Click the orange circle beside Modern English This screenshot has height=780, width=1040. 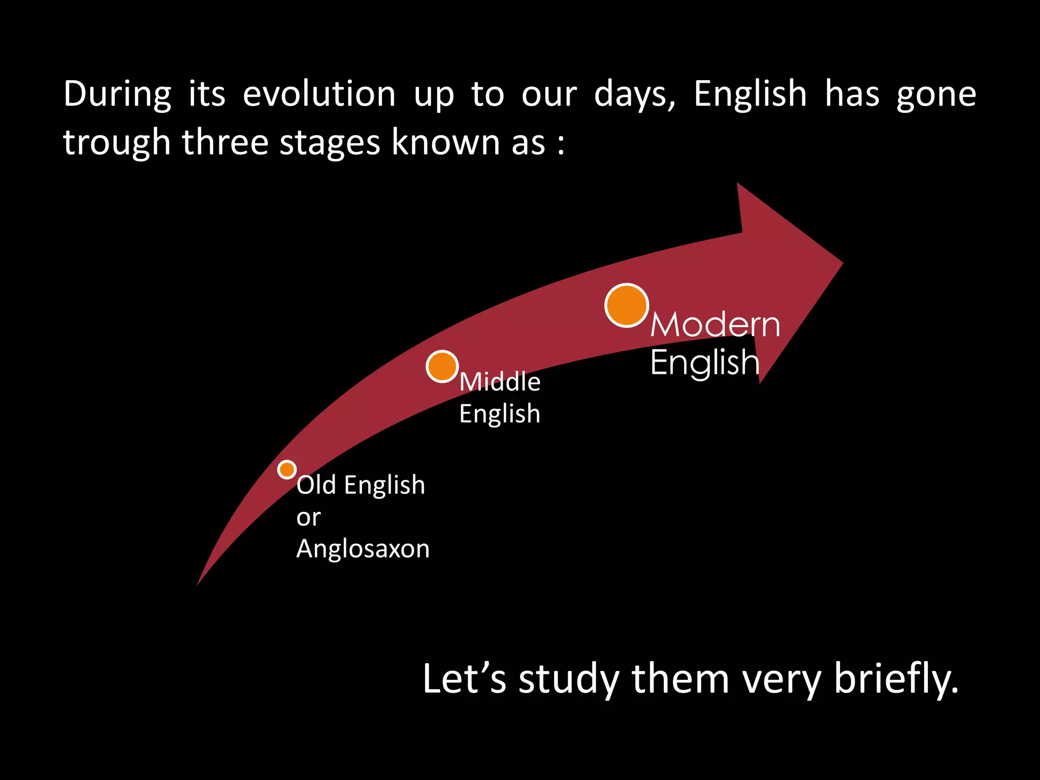(x=627, y=305)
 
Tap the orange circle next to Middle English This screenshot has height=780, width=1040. (x=442, y=366)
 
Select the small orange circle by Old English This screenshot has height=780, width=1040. (x=287, y=469)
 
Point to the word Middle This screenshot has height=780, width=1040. (x=500, y=381)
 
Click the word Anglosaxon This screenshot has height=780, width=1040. (x=363, y=549)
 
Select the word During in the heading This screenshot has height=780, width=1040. (x=117, y=95)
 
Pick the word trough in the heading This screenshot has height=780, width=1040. (x=116, y=143)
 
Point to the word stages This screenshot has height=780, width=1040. (x=330, y=143)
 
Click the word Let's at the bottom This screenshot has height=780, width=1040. (x=464, y=678)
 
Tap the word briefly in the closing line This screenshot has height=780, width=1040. (x=896, y=679)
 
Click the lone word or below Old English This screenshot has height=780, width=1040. (x=308, y=518)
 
